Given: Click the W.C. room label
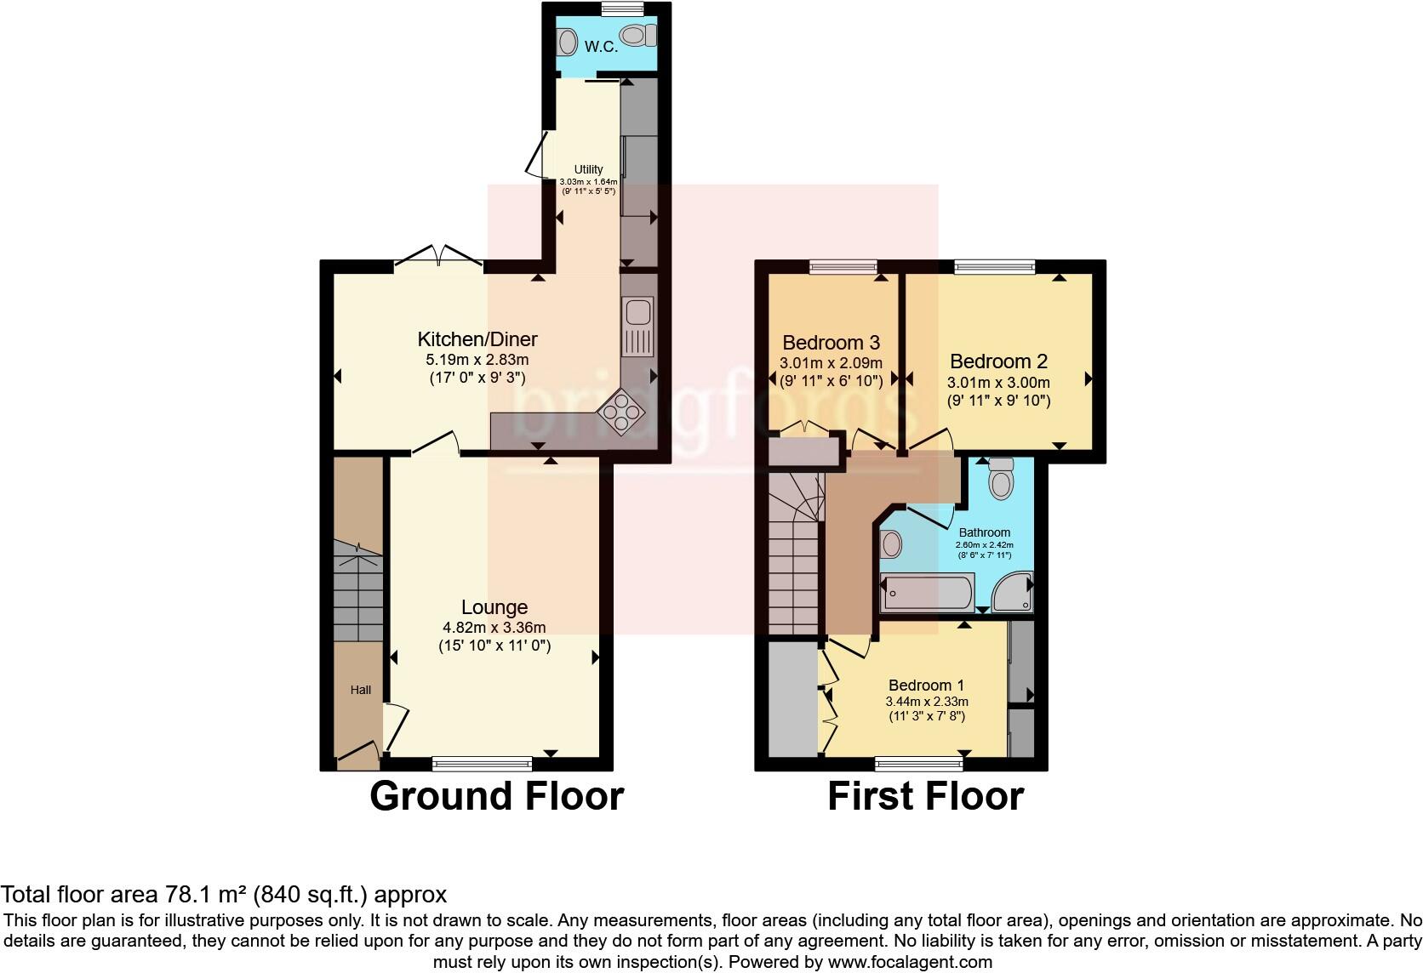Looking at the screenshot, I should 601,47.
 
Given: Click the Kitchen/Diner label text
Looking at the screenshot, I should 477,339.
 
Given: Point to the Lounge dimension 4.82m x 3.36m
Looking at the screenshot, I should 494,628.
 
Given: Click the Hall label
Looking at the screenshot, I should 361,690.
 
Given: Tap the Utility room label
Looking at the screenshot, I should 588,169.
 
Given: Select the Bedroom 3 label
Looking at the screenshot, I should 831,343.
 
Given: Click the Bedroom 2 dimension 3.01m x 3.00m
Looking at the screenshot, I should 998,383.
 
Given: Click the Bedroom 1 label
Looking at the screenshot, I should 926,685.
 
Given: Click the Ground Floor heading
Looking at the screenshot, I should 496,796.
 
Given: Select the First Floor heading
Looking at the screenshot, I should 925,796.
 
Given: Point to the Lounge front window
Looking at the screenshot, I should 482,763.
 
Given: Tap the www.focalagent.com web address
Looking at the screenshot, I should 910,962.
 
